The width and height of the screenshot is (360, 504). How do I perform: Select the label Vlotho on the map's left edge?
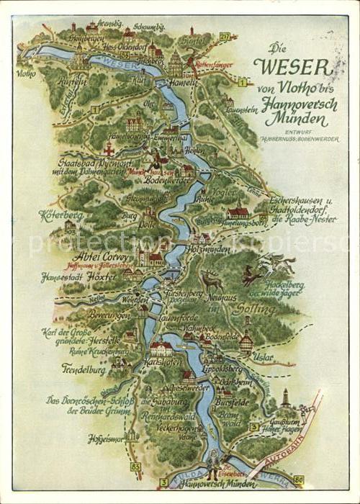[x=24, y=73]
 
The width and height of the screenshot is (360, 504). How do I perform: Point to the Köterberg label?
[x=61, y=215]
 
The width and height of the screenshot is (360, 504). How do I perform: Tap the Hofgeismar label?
[x=104, y=437]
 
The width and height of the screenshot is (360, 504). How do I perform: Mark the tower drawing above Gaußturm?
[x=286, y=398]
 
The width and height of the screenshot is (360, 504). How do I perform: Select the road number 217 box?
[x=225, y=37]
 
